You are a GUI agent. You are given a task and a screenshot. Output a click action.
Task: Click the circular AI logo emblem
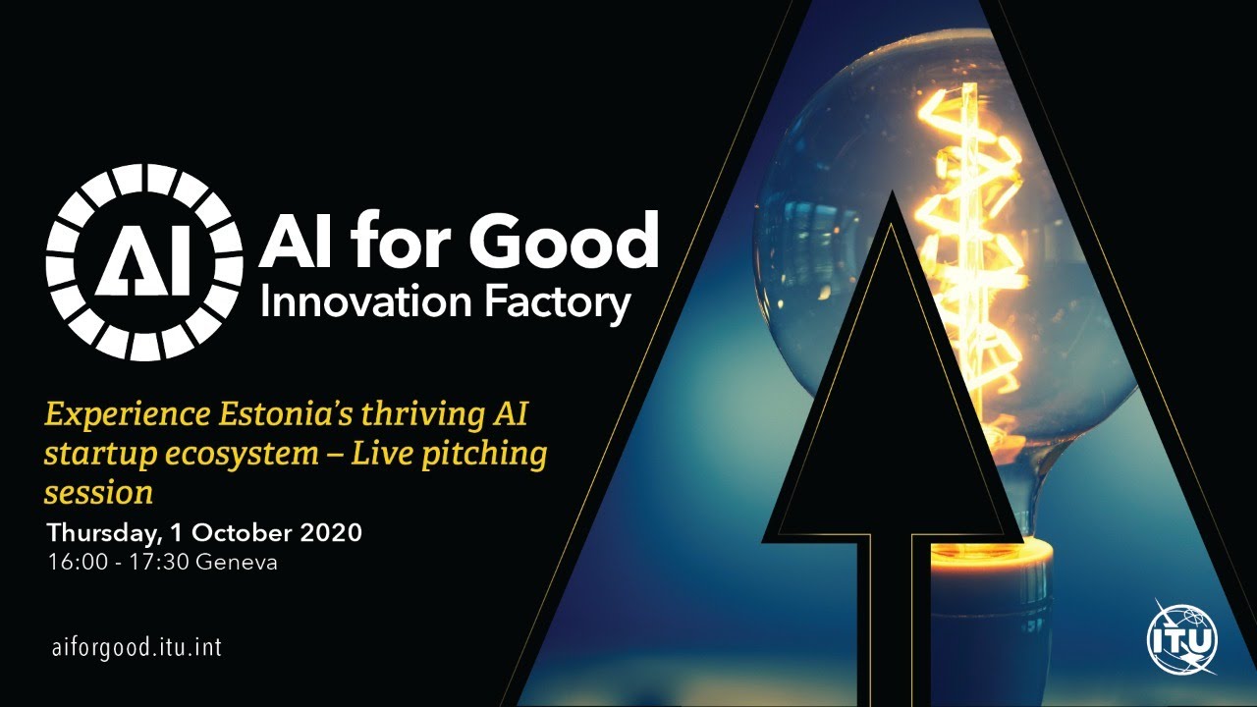click(x=143, y=261)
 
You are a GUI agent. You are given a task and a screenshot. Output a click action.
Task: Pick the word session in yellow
click(x=98, y=490)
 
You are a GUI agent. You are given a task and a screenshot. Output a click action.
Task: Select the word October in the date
click(x=242, y=533)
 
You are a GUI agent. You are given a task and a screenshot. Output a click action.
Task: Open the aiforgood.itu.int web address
click(x=142, y=648)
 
